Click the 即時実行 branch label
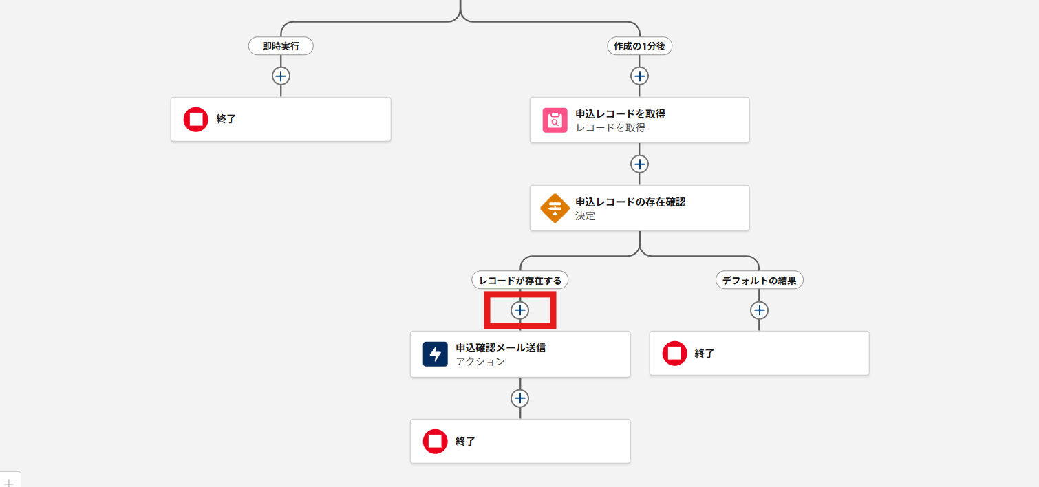[x=281, y=46]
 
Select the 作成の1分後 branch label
[x=640, y=46]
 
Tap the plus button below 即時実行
[x=281, y=76]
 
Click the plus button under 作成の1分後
[x=640, y=76]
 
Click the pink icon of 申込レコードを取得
[x=555, y=120]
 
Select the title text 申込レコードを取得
[x=620, y=113]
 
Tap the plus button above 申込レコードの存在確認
[x=640, y=164]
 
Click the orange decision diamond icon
[x=555, y=208]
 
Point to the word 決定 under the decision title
[x=585, y=215]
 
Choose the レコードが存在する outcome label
[x=520, y=280]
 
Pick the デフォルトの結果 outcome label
[x=759, y=280]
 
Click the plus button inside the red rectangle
[x=520, y=310]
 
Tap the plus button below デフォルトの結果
[x=759, y=310]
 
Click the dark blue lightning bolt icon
[x=435, y=354]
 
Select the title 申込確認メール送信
[x=500, y=347]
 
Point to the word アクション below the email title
[x=480, y=361]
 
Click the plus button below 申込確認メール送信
[x=520, y=398]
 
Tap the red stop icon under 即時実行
[x=196, y=119]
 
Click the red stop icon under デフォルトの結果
[x=674, y=353]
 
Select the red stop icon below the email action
[x=435, y=441]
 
